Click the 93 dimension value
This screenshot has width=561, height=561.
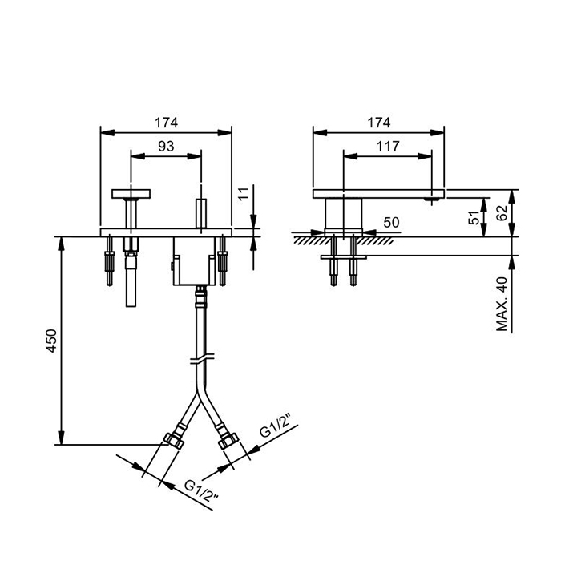(x=166, y=146)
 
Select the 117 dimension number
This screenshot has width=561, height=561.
(x=388, y=146)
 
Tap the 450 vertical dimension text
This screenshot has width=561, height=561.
(x=51, y=341)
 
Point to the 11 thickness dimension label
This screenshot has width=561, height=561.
(x=244, y=194)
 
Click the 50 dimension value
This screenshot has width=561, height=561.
(x=391, y=223)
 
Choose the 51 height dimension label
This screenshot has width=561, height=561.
(x=474, y=217)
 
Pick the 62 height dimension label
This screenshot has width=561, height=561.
(x=502, y=213)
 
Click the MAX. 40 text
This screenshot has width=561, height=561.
(x=502, y=304)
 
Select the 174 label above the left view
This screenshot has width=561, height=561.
(x=166, y=123)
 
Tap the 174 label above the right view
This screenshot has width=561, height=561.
(x=379, y=123)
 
